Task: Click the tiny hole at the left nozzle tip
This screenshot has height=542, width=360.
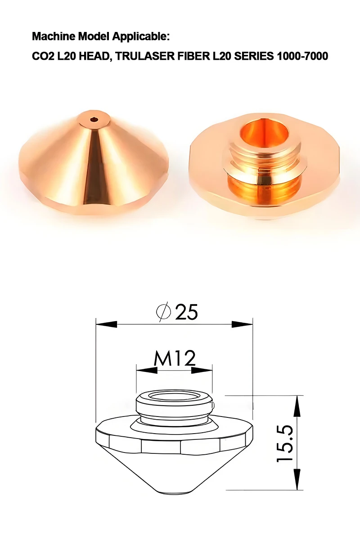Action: click(94, 120)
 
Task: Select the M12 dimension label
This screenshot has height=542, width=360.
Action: click(175, 358)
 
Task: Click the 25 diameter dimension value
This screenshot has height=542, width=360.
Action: click(186, 312)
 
